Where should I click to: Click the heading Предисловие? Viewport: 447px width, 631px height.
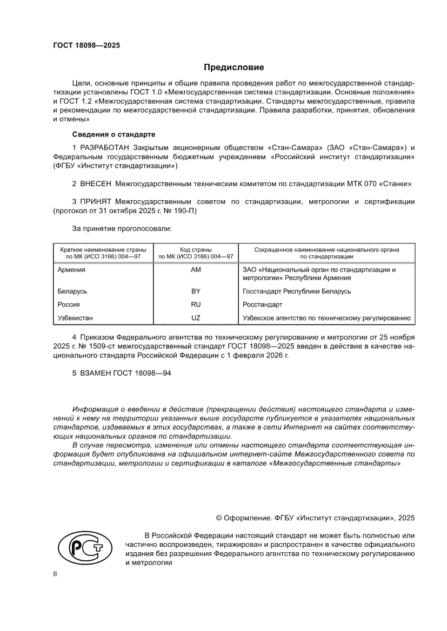coord(233,67)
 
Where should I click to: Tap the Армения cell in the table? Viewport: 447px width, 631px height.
coord(71,270)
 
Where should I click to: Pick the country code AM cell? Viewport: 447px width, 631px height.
coord(196,270)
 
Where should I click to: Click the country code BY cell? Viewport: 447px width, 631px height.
coord(196,291)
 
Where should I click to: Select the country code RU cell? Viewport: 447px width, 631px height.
coord(196,304)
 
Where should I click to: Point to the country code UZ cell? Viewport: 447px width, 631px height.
coord(196,318)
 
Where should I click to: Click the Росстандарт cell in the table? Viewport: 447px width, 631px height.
coord(263,304)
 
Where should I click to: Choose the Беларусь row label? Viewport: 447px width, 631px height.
coord(72,291)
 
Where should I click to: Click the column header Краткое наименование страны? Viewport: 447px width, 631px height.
coord(103,249)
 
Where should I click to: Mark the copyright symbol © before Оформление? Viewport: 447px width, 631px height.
coord(219,518)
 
